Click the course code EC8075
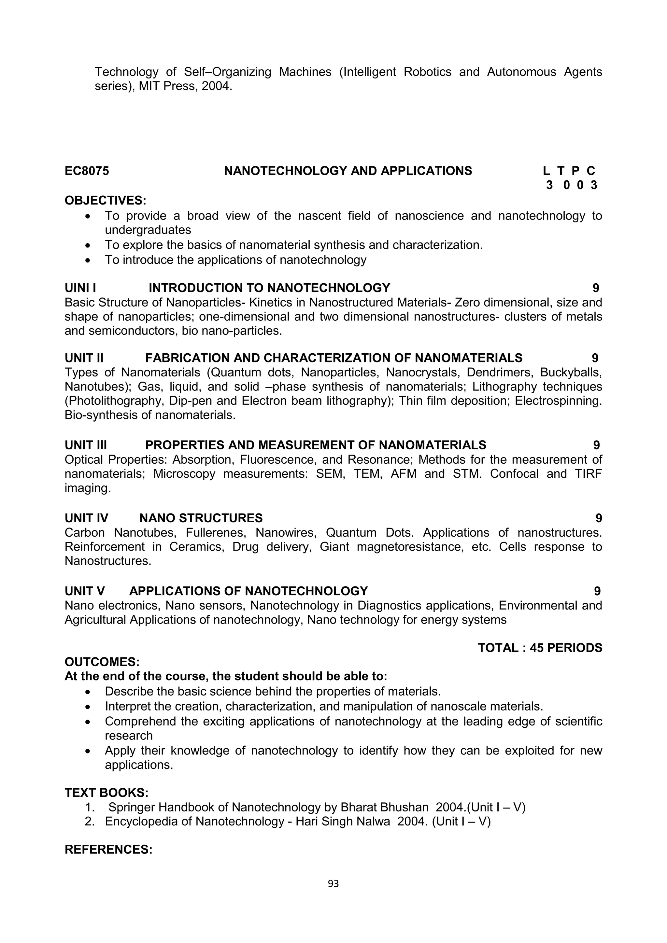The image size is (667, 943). point(87,171)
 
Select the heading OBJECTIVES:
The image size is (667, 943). point(105,201)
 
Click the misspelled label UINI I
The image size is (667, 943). point(80,288)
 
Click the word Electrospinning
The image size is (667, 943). point(558,401)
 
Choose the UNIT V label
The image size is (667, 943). point(85,591)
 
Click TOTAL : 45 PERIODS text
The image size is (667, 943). point(540,648)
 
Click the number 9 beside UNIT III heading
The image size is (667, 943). point(596,445)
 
